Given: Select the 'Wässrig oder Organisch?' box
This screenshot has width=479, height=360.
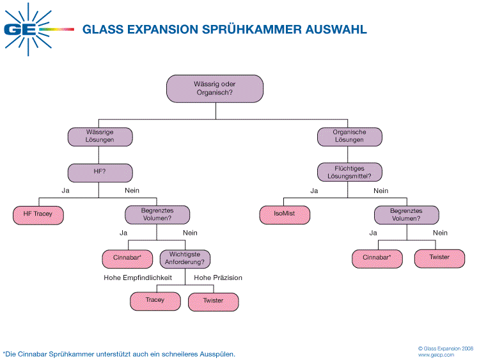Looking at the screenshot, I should [x=215, y=88].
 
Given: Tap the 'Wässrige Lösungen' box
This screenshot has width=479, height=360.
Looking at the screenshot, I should [x=100, y=136].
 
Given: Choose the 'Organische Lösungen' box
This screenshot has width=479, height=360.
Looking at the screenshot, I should [x=350, y=136].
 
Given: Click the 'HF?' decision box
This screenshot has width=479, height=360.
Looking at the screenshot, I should [x=100, y=172].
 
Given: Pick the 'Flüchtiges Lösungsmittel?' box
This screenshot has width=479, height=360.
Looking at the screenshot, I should [x=350, y=172].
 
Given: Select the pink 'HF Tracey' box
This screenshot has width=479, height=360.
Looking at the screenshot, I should [x=38, y=214].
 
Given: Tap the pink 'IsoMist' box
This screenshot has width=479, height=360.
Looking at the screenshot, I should [x=285, y=214].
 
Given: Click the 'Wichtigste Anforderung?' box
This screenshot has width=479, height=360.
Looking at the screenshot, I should [x=185, y=258].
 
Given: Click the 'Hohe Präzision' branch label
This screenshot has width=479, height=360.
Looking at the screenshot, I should [x=218, y=278].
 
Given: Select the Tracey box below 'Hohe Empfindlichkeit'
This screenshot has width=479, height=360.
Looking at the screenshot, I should [x=155, y=301].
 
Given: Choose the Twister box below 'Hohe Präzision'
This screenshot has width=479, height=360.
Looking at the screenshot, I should [x=213, y=301].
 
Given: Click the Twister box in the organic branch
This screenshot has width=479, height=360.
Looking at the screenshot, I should [x=439, y=258].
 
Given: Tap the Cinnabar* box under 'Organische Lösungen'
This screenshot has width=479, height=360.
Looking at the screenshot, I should [x=377, y=258].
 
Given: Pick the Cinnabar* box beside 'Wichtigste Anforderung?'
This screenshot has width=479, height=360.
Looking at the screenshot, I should [x=127, y=258].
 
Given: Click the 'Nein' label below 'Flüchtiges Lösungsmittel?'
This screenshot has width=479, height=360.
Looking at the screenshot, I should [x=381, y=191].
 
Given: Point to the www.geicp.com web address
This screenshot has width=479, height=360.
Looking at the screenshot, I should [x=436, y=354].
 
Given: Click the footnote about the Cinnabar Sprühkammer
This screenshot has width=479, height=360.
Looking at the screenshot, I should [x=119, y=354].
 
